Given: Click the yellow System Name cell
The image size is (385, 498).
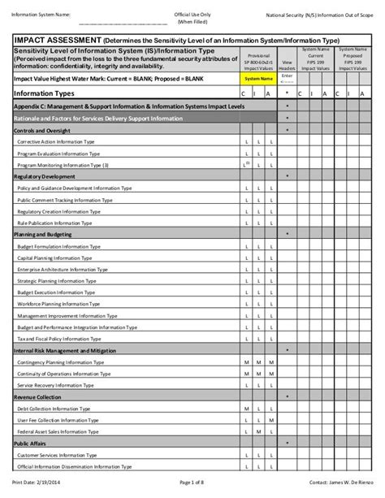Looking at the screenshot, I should point(249,79).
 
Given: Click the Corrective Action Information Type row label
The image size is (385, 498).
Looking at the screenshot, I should point(64,141).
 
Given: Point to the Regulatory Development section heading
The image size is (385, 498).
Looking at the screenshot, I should point(45,176).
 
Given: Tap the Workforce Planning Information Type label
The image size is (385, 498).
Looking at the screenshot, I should point(66,305).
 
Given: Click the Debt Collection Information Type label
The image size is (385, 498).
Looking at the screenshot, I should point(65,409).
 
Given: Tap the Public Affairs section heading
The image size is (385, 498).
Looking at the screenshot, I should point(32,444).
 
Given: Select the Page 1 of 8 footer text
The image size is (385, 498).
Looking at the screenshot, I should point(192,484).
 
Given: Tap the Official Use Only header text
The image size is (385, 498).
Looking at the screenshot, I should point(192,15).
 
